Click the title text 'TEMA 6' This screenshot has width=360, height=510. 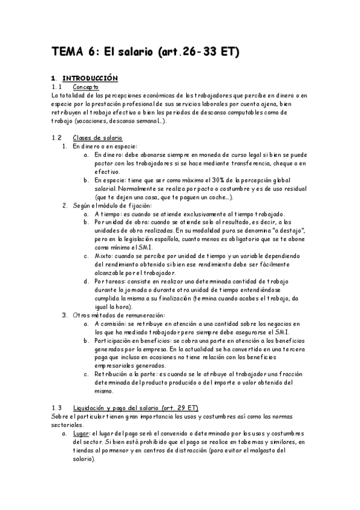72,52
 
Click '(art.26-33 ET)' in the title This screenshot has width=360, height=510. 199,52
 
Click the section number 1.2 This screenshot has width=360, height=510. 56,138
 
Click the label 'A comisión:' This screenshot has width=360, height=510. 112,323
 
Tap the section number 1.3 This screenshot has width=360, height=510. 56,407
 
